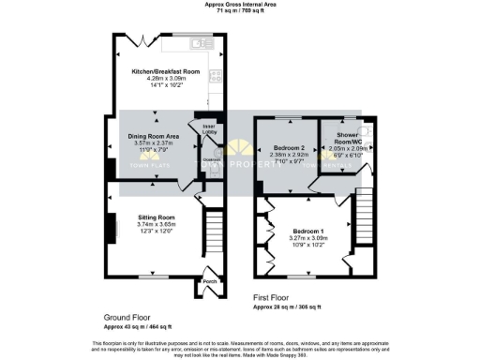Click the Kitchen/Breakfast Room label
pyautogui.click(x=166, y=71)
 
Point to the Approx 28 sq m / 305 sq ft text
pyautogui.click(x=291, y=306)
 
